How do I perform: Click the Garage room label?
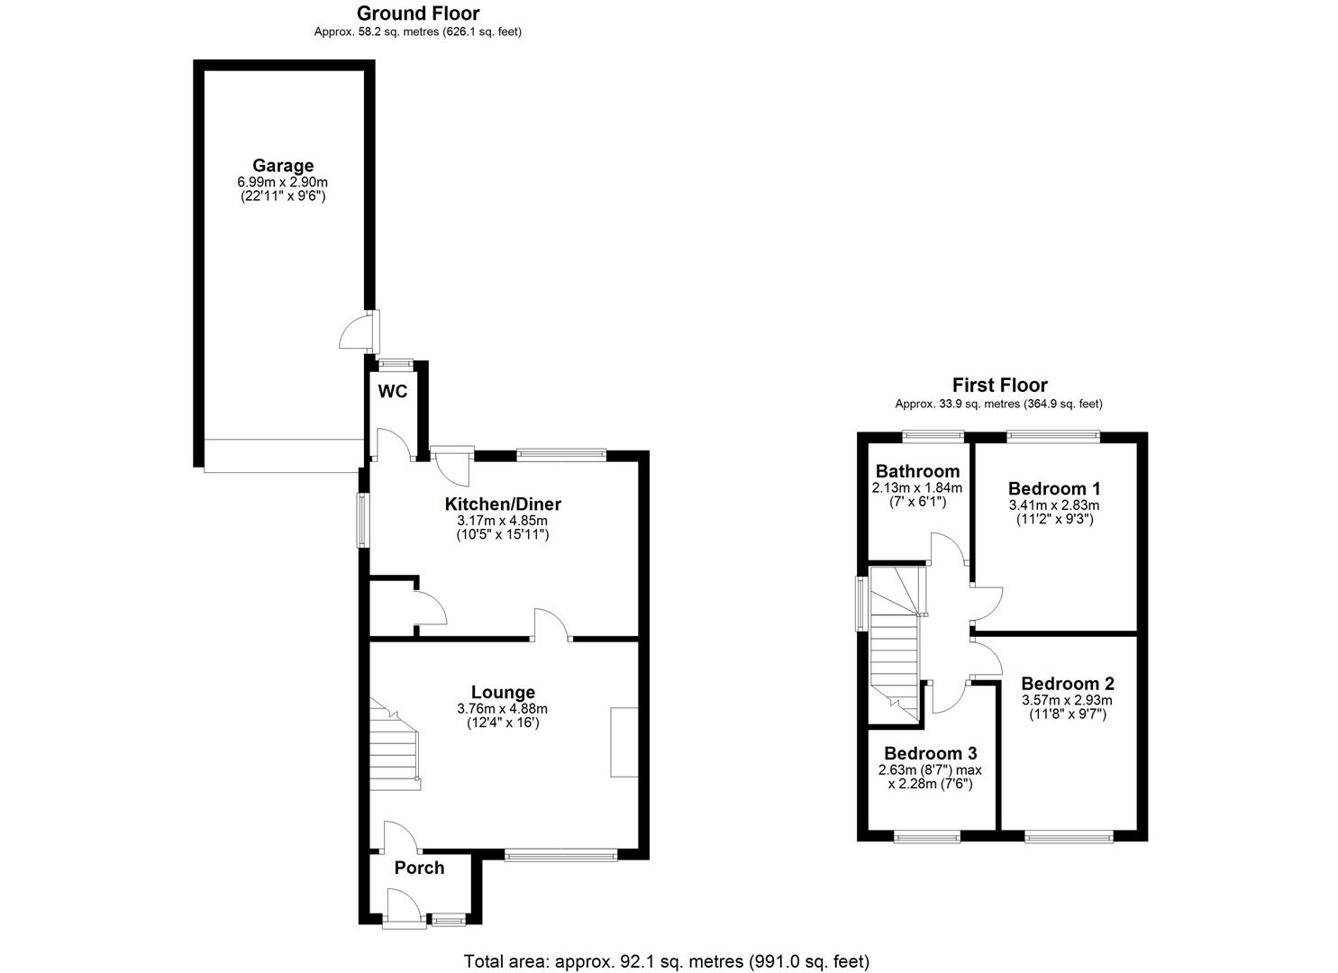[x=283, y=166]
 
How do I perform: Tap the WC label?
[x=393, y=391]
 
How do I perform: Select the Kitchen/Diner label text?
[x=503, y=505]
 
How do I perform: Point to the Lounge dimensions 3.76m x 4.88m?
[x=503, y=708]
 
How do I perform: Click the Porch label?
[x=419, y=868]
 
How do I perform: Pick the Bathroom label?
[x=917, y=471]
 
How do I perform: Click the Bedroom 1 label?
[x=1054, y=488]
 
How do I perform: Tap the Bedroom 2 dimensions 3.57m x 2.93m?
[x=1068, y=700]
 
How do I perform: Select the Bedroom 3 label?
[x=931, y=753]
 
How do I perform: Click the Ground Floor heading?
[x=418, y=14]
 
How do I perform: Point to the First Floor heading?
[x=1000, y=385]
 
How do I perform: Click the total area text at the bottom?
[x=667, y=961]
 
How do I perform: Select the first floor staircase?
[x=896, y=644]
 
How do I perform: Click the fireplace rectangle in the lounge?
[x=623, y=741]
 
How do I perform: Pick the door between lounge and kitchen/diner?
[x=553, y=624]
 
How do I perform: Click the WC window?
[x=396, y=362]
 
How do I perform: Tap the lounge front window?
[x=560, y=855]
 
